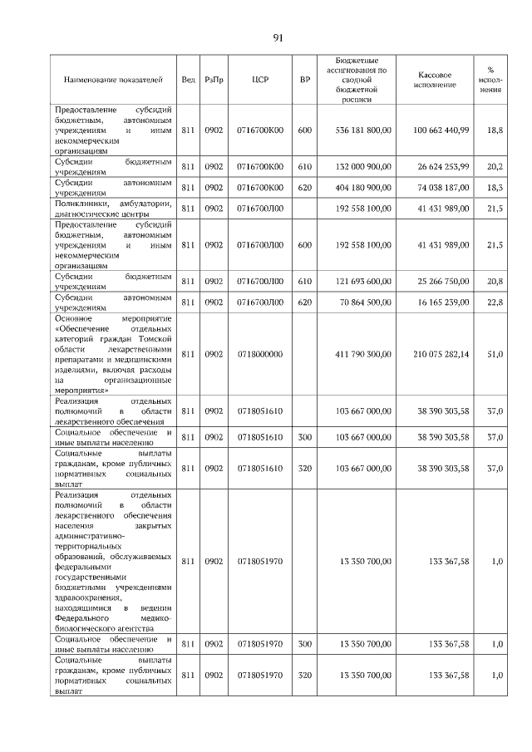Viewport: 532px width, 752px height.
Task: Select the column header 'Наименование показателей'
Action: [x=112, y=80]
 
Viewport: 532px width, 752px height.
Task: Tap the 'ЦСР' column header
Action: [x=259, y=80]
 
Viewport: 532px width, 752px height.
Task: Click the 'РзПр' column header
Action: [x=214, y=80]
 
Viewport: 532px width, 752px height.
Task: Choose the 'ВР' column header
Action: [x=305, y=80]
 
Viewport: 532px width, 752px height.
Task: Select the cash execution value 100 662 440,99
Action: [x=441, y=130]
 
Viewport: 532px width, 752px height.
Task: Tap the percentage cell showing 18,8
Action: [x=495, y=130]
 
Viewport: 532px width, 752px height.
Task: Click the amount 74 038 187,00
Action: [x=441, y=188]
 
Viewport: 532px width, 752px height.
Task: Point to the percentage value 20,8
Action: [x=495, y=282]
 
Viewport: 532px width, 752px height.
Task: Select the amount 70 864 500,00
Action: [x=366, y=303]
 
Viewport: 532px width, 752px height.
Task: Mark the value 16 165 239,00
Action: [x=441, y=303]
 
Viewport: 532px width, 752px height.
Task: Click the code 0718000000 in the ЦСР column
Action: [x=259, y=354]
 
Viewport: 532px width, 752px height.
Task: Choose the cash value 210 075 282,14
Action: [x=441, y=354]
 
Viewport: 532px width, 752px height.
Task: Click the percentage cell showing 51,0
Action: [x=495, y=354]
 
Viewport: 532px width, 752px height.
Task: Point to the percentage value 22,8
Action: [x=495, y=303]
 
